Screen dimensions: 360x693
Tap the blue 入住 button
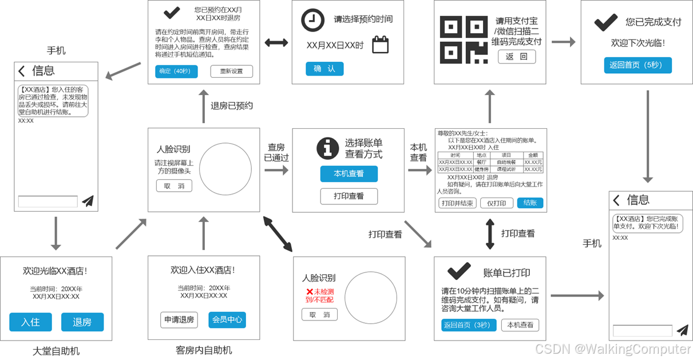(x=30, y=322)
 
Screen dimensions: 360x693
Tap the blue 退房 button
(x=82, y=322)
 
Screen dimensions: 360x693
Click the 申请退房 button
(x=179, y=320)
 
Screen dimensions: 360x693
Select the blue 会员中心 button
(x=227, y=320)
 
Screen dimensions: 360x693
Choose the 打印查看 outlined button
(x=349, y=196)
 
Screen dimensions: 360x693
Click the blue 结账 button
(x=530, y=203)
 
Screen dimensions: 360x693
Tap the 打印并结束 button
(x=457, y=203)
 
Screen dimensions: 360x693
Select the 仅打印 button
(x=496, y=203)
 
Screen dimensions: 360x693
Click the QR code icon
(x=463, y=40)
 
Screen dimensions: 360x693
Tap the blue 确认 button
(x=324, y=69)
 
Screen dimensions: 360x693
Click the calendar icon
(x=381, y=45)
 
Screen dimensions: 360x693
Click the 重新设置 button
(x=231, y=72)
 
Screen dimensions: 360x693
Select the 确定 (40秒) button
(x=176, y=72)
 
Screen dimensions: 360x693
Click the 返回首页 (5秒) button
(x=637, y=65)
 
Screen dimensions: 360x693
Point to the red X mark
(x=310, y=292)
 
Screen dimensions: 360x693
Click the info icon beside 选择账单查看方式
(x=328, y=148)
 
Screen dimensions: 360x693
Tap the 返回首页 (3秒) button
(x=466, y=325)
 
